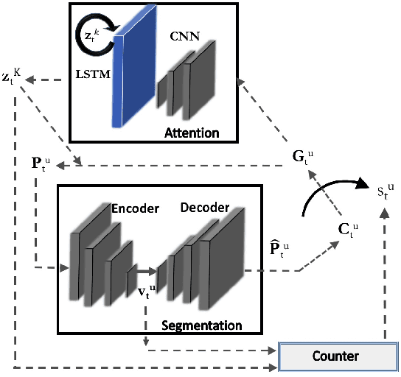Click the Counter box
point(335,356)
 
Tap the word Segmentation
point(202,325)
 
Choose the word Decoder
point(205,207)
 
